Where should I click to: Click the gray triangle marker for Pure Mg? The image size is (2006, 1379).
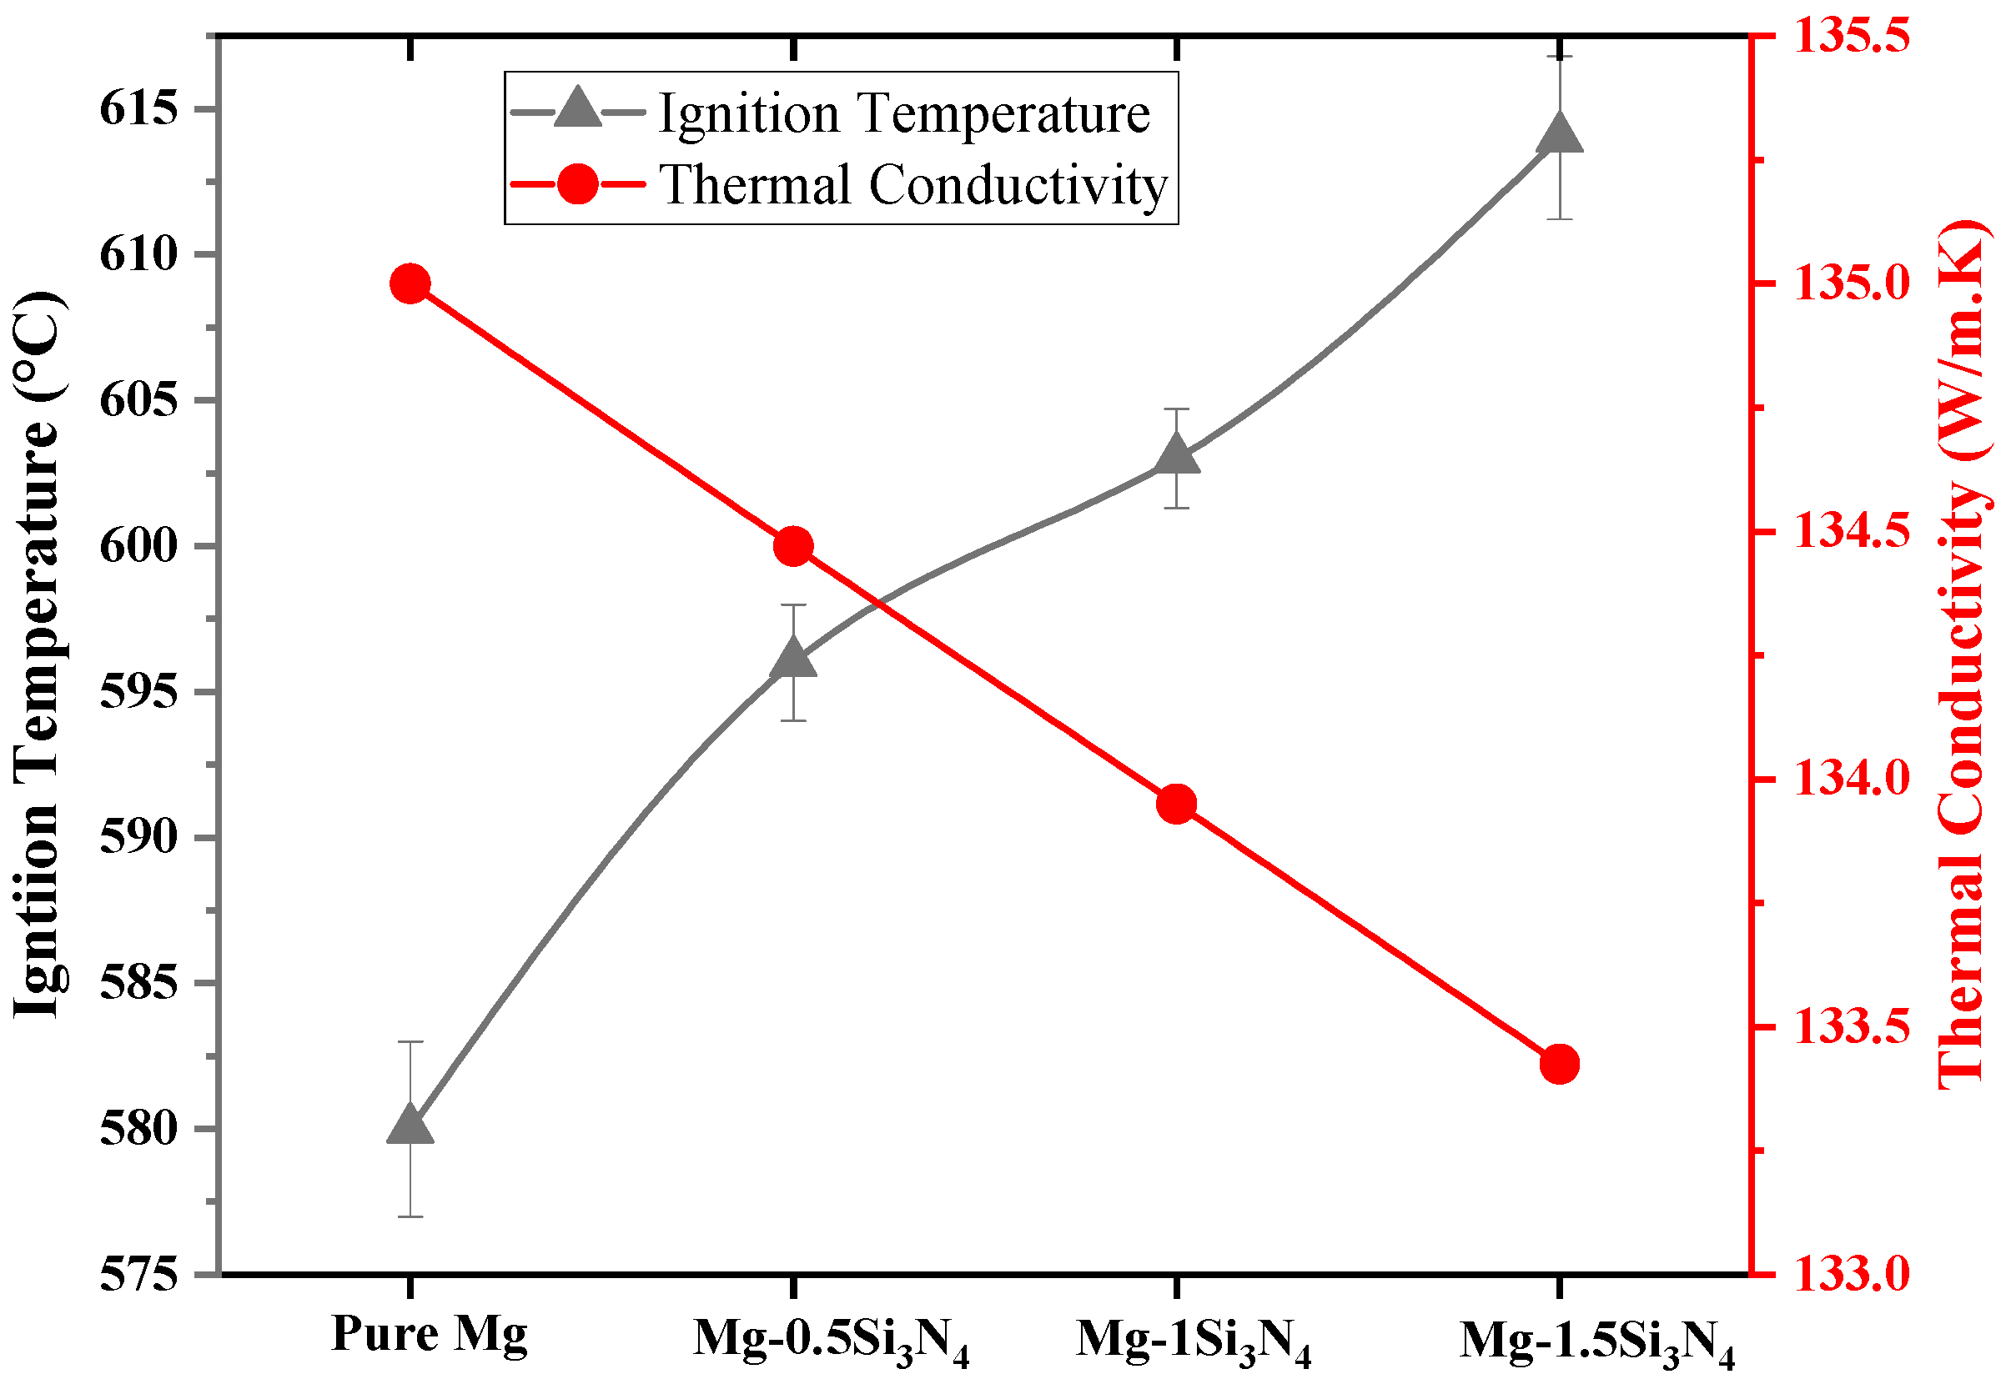410,1126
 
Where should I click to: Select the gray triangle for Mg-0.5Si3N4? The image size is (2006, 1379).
793,660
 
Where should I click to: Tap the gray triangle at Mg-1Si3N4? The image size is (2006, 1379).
1176,456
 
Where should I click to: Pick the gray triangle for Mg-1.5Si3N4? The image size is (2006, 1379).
1559,134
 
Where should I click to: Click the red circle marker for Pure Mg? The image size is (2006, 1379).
410,283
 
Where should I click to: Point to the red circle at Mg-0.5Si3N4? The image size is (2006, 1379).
793,546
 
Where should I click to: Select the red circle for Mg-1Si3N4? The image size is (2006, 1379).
1176,805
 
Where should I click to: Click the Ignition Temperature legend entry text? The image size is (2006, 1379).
904,114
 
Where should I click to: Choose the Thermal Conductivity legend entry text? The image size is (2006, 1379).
913,185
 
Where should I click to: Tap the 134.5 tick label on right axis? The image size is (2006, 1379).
1850,532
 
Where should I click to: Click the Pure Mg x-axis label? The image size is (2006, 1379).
429,1332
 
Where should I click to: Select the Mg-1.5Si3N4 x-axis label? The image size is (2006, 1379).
1597,1341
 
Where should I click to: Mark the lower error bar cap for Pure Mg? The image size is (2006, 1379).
410,1216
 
